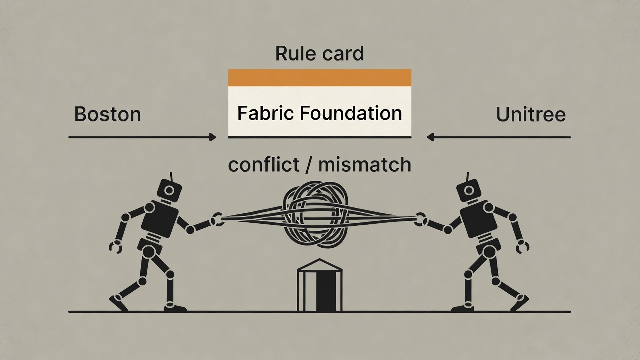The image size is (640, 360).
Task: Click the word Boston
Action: (107, 114)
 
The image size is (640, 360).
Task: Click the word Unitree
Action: (530, 115)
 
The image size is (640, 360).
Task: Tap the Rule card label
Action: (319, 53)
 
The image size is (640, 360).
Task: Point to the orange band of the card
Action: (319, 78)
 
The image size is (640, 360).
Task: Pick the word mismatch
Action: (364, 164)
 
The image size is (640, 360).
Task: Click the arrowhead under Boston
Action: (213, 137)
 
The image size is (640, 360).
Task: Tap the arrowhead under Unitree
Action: (430, 137)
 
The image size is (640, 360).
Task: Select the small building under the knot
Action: (319, 289)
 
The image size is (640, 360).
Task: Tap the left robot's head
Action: (169, 191)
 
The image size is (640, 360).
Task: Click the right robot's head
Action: (469, 191)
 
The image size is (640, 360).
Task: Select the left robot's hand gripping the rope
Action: (217, 219)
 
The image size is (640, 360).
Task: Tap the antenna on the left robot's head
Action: (171, 176)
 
